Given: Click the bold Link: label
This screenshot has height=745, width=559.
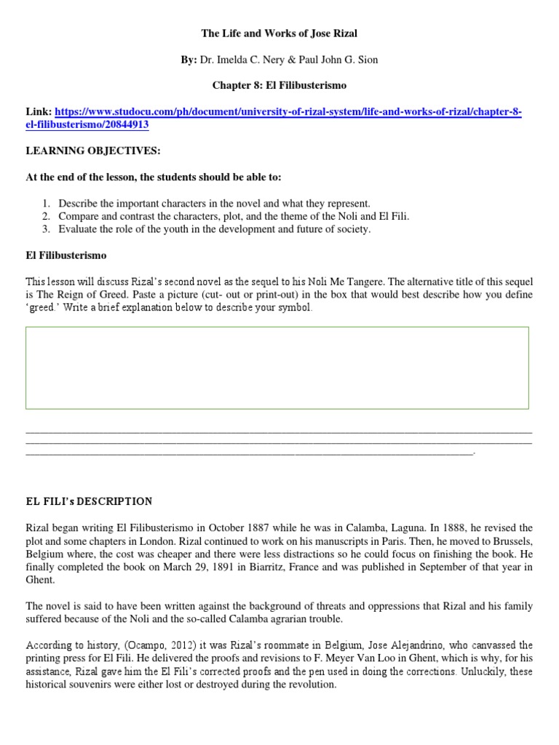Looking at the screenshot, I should pyautogui.click(x=39, y=112).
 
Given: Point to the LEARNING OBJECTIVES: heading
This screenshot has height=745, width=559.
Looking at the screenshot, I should pyautogui.click(x=93, y=151).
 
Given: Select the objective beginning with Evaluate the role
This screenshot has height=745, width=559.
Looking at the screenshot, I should pyautogui.click(x=215, y=229).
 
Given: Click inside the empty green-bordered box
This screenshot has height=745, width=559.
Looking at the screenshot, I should pyautogui.click(x=277, y=367).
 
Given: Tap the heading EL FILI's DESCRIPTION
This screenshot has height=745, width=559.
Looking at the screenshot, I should pyautogui.click(x=89, y=501).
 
